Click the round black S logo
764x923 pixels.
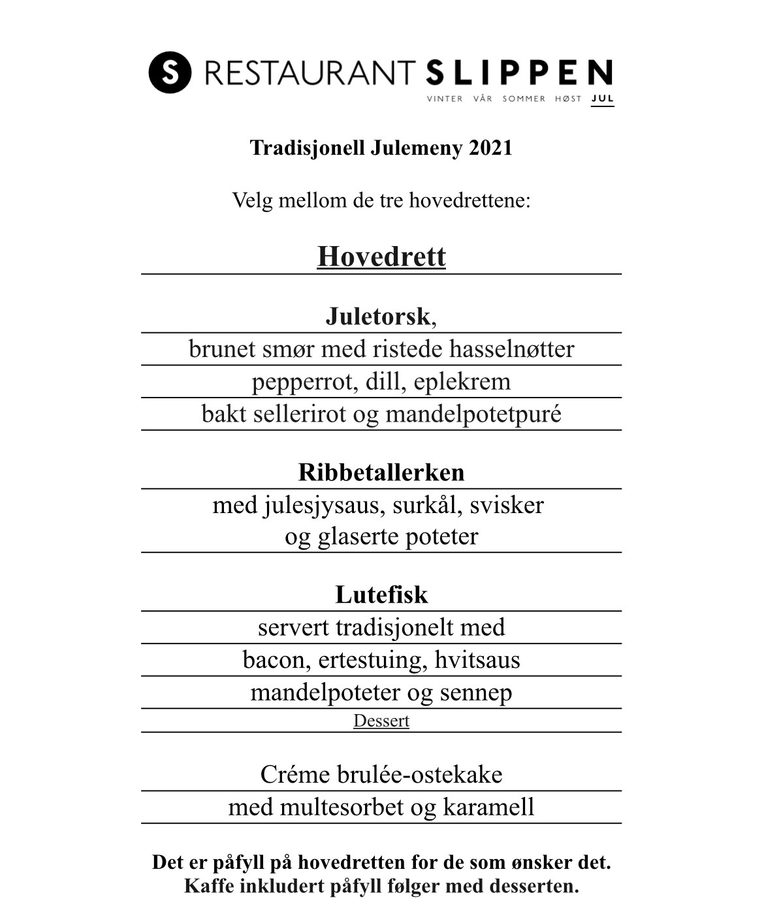coord(170,72)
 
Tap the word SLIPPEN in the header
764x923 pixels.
coord(519,72)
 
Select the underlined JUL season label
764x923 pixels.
coord(602,99)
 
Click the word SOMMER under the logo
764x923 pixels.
coord(524,99)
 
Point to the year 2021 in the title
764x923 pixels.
coord(490,148)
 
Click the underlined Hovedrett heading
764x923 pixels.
coord(381,257)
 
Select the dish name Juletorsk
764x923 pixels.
coord(378,317)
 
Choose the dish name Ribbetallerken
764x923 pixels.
coord(381,473)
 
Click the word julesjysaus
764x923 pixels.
coord(324,505)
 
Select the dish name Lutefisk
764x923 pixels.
coord(381,595)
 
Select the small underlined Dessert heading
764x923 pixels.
coord(381,721)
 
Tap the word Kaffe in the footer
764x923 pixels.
coord(208,886)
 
